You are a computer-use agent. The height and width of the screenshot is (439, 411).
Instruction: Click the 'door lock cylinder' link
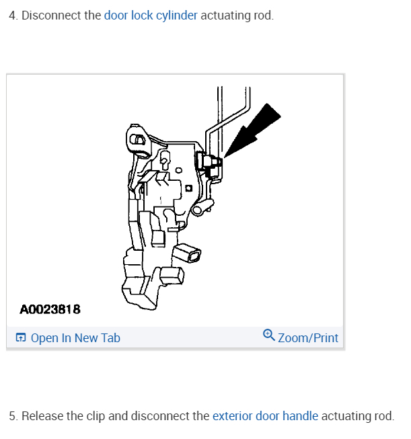pyautogui.click(x=151, y=15)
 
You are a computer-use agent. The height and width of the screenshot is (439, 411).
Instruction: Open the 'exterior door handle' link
pyautogui.click(x=265, y=416)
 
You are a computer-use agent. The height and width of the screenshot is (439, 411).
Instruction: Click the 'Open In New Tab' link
pyautogui.click(x=75, y=337)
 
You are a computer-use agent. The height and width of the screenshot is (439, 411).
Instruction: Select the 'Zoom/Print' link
pyautogui.click(x=308, y=337)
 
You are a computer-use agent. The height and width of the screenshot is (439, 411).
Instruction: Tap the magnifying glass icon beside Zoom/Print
pyautogui.click(x=269, y=335)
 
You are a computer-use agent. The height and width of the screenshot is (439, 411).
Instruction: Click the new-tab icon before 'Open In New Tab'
pyautogui.click(x=21, y=337)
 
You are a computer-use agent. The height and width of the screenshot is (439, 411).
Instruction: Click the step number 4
pyautogui.click(x=12, y=15)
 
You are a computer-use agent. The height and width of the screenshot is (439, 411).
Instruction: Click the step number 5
pyautogui.click(x=12, y=416)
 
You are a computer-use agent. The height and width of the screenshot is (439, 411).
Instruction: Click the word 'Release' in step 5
pyautogui.click(x=42, y=416)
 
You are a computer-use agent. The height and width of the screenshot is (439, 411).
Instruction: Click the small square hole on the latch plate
pyautogui.click(x=190, y=188)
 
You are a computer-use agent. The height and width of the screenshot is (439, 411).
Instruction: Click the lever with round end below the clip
pyautogui.click(x=198, y=210)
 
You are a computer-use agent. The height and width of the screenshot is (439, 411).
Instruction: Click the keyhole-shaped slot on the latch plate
pyautogui.click(x=164, y=159)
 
